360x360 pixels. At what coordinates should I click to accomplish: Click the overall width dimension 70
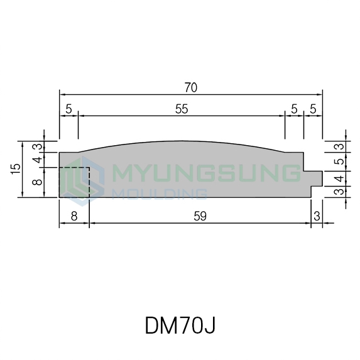click(191, 87)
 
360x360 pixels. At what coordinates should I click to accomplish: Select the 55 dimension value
click(182, 109)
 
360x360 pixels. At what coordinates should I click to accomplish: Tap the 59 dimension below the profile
click(200, 216)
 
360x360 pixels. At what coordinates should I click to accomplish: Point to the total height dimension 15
click(16, 169)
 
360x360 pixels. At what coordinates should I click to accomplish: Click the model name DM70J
click(180, 325)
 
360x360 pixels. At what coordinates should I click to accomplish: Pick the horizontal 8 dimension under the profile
click(74, 216)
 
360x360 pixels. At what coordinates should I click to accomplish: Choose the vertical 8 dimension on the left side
click(38, 182)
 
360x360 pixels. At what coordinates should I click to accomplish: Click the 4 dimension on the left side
click(38, 160)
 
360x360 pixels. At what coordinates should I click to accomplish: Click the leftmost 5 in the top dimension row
click(69, 109)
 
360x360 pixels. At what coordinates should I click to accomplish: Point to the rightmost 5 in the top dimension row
click(313, 109)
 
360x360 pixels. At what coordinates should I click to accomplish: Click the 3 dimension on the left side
click(38, 146)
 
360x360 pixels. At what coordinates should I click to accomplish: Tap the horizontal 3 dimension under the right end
click(317, 216)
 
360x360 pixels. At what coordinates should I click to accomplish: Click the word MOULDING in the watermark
click(160, 194)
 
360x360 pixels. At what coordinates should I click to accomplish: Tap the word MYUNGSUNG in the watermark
click(206, 173)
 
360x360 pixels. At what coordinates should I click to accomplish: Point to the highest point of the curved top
click(182, 141)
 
